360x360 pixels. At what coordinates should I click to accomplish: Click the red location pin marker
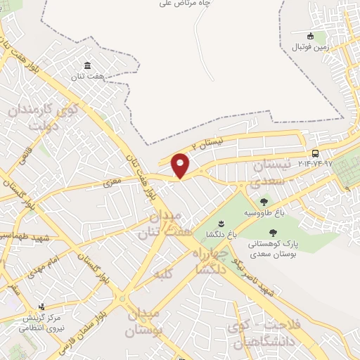click(x=181, y=165)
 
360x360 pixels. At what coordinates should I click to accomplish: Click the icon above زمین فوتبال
click(x=311, y=37)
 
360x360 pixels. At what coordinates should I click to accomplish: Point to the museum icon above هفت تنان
click(x=89, y=64)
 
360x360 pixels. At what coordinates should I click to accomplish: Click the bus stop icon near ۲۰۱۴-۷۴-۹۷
click(x=314, y=153)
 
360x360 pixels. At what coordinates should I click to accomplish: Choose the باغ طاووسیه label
click(x=264, y=212)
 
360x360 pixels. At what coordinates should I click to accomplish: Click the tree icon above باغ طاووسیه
click(x=264, y=202)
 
